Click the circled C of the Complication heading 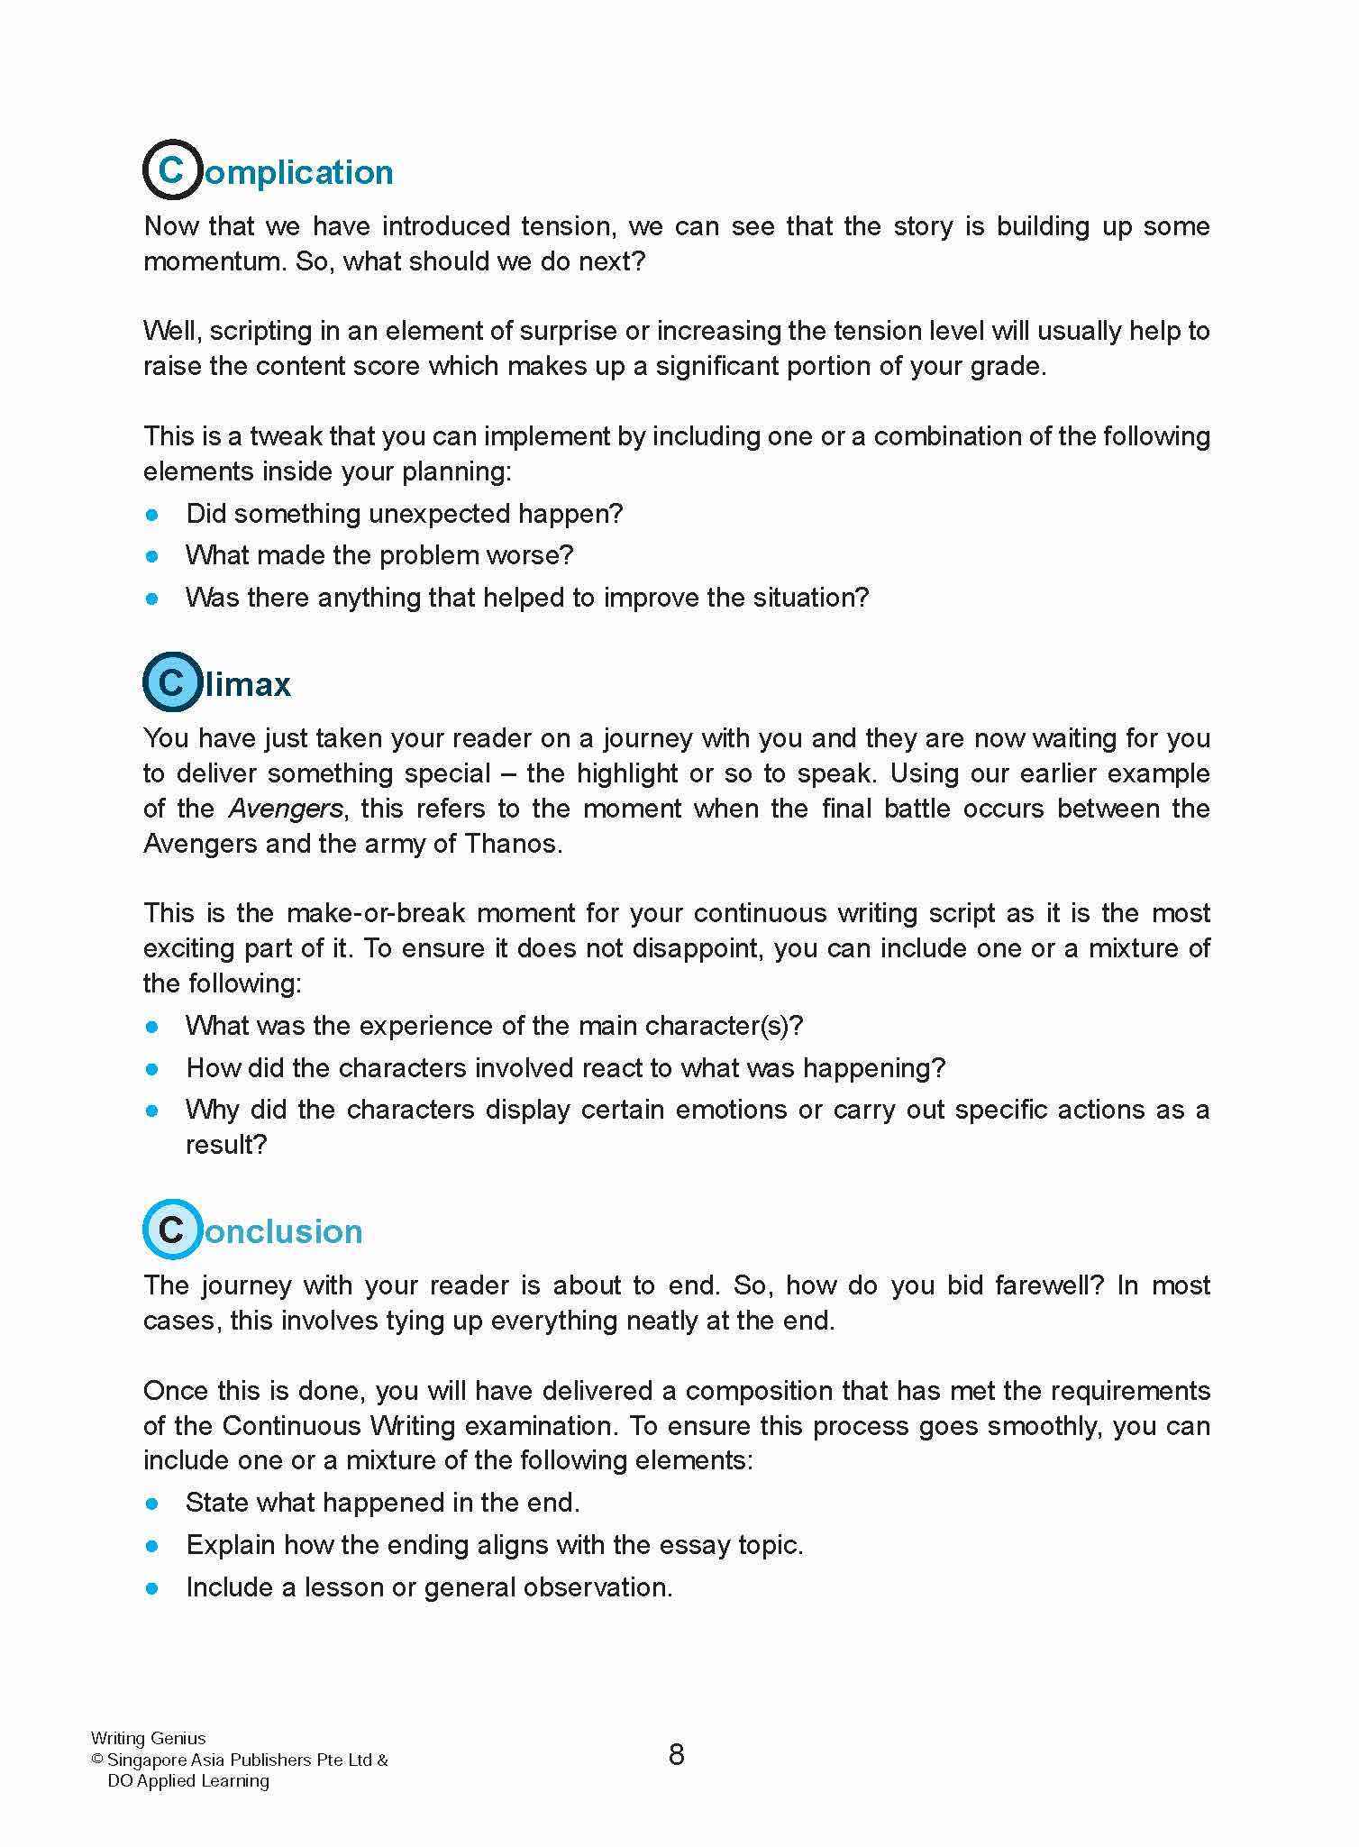(x=171, y=169)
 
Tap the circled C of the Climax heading (x=171, y=681)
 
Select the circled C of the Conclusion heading (x=171, y=1229)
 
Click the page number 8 (x=677, y=1754)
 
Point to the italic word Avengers (x=286, y=808)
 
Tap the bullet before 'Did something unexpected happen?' (x=152, y=515)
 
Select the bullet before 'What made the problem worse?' (x=152, y=556)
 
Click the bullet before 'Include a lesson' (x=152, y=1587)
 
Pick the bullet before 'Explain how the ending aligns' (x=152, y=1545)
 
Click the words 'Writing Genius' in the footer (x=148, y=1738)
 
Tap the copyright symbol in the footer (x=97, y=1760)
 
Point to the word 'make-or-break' (x=376, y=912)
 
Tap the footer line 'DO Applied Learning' (x=188, y=1780)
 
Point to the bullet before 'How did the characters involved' (x=152, y=1069)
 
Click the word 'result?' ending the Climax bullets (x=226, y=1144)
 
